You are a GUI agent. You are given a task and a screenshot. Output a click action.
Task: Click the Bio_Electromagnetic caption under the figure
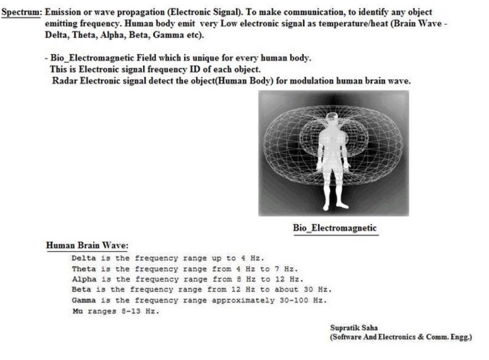(x=335, y=228)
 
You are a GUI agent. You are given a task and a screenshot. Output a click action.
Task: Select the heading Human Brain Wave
(x=87, y=246)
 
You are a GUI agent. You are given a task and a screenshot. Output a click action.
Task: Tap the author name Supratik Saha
(x=354, y=328)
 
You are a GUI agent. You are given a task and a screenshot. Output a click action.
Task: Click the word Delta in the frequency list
(x=84, y=258)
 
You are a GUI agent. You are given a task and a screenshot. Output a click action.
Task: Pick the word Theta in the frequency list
(x=84, y=269)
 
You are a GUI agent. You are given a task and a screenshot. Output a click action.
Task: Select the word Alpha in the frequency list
(x=84, y=279)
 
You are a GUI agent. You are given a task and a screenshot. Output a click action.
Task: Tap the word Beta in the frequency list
(x=82, y=290)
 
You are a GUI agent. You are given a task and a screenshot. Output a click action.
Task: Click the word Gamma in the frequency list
(x=84, y=300)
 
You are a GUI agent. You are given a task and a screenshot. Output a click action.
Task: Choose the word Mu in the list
(x=77, y=311)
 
